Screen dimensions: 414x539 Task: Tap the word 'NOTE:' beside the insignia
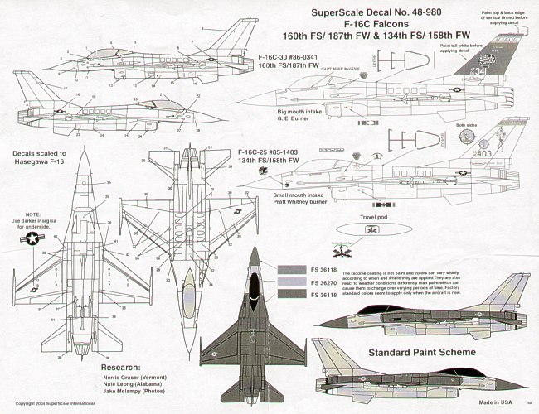tap(32, 214)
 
